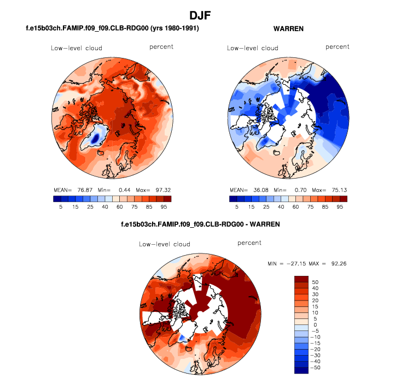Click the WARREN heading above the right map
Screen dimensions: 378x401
tap(288, 28)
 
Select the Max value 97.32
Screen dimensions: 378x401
tap(162, 190)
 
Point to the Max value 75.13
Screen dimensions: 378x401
tap(338, 190)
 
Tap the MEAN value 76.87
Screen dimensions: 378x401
tap(84, 190)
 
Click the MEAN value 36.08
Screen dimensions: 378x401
tap(260, 190)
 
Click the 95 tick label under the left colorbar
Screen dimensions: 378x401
tap(167, 208)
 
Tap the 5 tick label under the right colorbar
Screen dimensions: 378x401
tap(237, 208)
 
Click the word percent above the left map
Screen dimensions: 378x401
tap(161, 47)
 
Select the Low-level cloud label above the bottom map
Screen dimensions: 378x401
tap(164, 244)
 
